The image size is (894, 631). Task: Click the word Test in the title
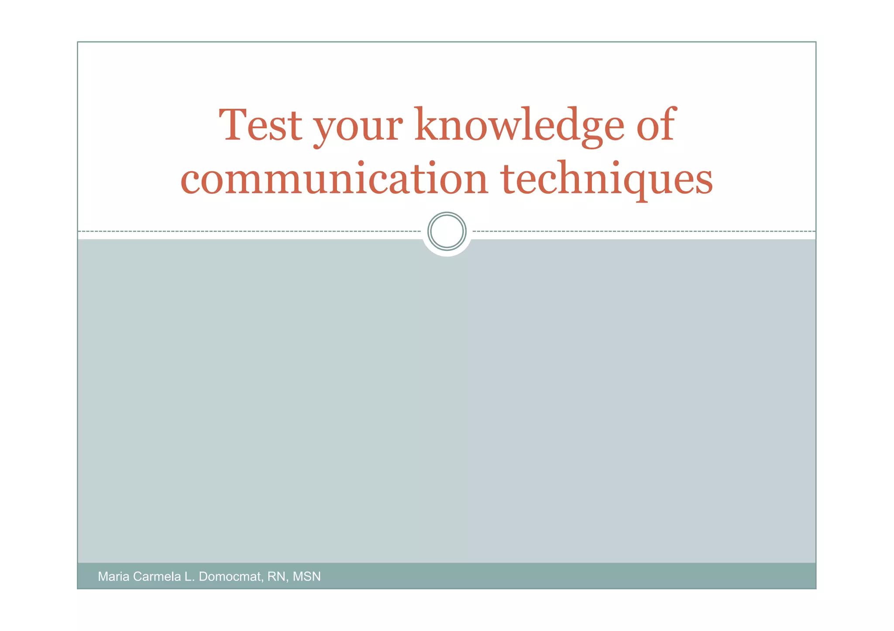click(260, 126)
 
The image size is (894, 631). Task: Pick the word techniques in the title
click(607, 180)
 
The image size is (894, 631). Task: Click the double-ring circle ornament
click(447, 231)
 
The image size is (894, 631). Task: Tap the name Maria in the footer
click(113, 576)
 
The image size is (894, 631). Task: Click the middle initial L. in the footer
click(189, 576)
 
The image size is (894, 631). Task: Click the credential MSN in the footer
click(307, 576)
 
